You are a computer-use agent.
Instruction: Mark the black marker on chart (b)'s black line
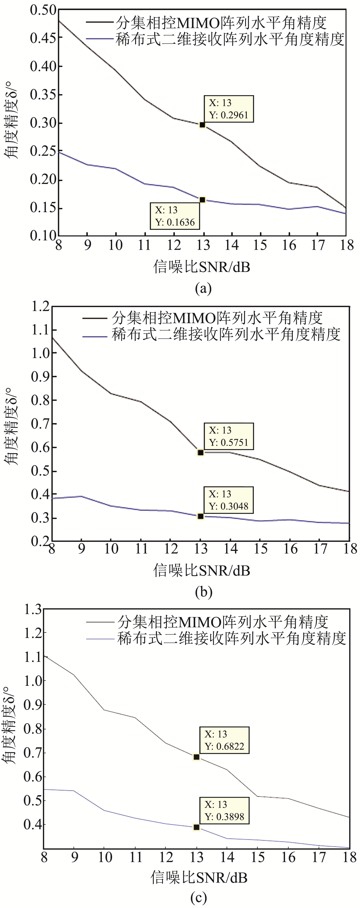[x=201, y=452]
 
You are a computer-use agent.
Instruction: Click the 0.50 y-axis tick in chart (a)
[x=43, y=10]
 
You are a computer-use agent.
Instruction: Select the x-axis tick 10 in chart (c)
[x=105, y=857]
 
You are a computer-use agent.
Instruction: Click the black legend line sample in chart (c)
[x=102, y=623]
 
